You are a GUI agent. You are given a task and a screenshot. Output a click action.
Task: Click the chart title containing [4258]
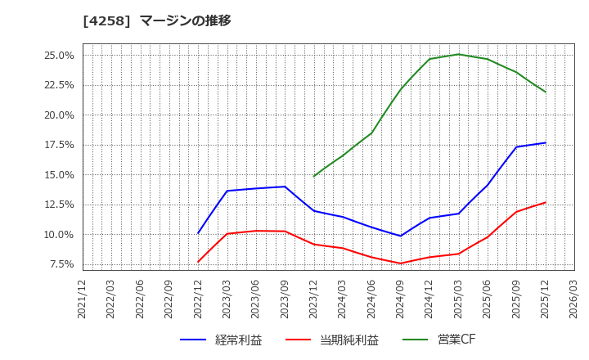[157, 21]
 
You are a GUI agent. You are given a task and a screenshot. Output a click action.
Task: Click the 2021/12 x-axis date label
[83, 299]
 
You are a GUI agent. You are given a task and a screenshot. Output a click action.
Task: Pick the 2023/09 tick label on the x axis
[285, 299]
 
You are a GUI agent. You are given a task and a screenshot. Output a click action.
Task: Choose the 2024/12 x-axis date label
[429, 299]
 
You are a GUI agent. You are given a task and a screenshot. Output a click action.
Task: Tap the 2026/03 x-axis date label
[574, 299]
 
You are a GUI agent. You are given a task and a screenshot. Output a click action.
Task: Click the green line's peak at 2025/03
[458, 54]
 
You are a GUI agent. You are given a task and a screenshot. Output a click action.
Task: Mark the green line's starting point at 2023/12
[314, 176]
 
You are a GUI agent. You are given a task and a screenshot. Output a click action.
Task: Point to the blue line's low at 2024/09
[401, 236]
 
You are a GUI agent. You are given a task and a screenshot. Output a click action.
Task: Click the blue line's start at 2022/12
[198, 233]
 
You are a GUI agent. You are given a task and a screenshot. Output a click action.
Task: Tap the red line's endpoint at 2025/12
[545, 202]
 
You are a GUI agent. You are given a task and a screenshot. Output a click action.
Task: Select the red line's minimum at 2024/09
[401, 263]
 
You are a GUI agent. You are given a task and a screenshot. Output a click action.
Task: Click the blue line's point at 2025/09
[516, 147]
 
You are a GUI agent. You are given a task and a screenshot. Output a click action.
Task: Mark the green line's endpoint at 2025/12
[545, 92]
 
